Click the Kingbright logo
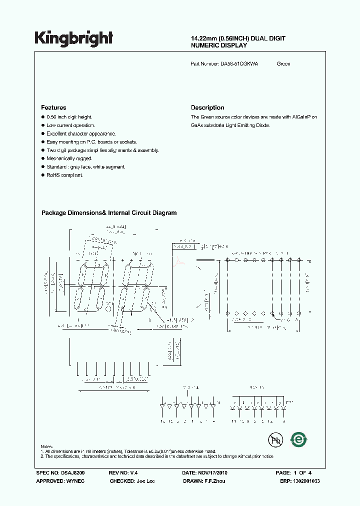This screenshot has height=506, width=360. pyautogui.click(x=73, y=38)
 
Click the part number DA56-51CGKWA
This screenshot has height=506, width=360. pyautogui.click(x=239, y=63)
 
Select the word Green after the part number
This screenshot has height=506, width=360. pyautogui.click(x=283, y=63)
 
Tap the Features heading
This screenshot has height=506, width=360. pyautogui.click(x=53, y=107)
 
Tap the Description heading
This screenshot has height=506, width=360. pyautogui.click(x=207, y=107)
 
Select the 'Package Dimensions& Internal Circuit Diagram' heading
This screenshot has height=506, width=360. pyautogui.click(x=109, y=212)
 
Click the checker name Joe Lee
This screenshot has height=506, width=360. pyautogui.click(x=145, y=480)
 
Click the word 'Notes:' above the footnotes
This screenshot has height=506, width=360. pyautogui.click(x=47, y=446)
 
